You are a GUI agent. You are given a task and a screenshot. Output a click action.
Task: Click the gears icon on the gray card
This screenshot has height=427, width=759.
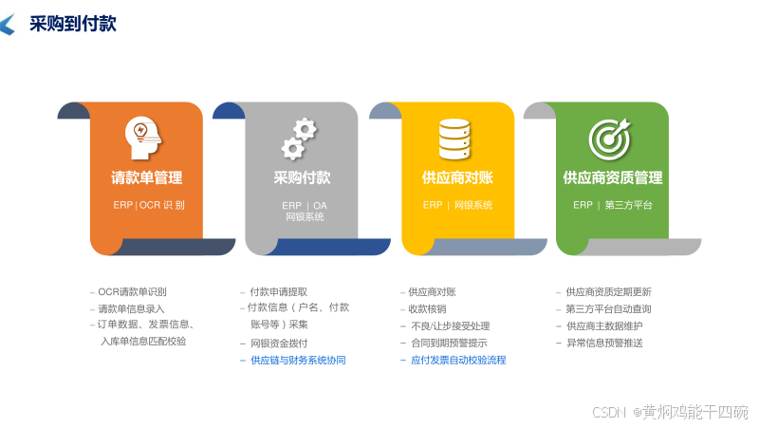pyautogui.click(x=298, y=139)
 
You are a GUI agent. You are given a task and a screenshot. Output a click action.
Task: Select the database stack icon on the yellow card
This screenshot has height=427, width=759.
pyautogui.click(x=454, y=139)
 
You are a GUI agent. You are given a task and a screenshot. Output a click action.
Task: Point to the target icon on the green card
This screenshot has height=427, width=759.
pyautogui.click(x=609, y=139)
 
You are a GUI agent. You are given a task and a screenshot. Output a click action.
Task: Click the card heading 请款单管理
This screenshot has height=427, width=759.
pyautogui.click(x=147, y=177)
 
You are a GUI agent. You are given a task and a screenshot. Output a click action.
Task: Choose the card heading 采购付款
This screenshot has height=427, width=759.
pyautogui.click(x=302, y=177)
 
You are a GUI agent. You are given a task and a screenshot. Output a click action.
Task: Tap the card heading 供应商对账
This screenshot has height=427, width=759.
pyautogui.click(x=457, y=177)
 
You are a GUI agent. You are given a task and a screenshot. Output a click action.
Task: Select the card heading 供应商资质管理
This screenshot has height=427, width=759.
pyautogui.click(x=613, y=177)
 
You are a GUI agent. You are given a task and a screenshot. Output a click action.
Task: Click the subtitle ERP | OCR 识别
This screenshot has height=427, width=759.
pyautogui.click(x=149, y=205)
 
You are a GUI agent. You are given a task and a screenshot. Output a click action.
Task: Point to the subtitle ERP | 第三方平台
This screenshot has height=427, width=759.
pyautogui.click(x=613, y=205)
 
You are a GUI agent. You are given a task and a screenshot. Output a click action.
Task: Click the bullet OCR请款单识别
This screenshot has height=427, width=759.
pyautogui.click(x=139, y=292)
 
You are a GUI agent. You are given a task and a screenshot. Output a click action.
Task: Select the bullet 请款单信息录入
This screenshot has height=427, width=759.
pyautogui.click(x=132, y=309)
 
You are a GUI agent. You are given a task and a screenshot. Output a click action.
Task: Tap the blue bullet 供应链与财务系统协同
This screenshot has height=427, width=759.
pyautogui.click(x=298, y=361)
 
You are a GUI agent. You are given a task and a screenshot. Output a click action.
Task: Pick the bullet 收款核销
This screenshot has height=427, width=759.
pyautogui.click(x=427, y=309)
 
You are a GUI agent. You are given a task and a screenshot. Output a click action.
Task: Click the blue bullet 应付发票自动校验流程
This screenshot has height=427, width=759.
pyautogui.click(x=458, y=361)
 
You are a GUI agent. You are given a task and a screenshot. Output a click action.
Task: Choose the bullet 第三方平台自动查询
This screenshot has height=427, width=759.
pyautogui.click(x=608, y=309)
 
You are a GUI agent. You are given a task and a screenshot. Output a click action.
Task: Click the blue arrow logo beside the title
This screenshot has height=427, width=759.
pyautogui.click(x=8, y=25)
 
